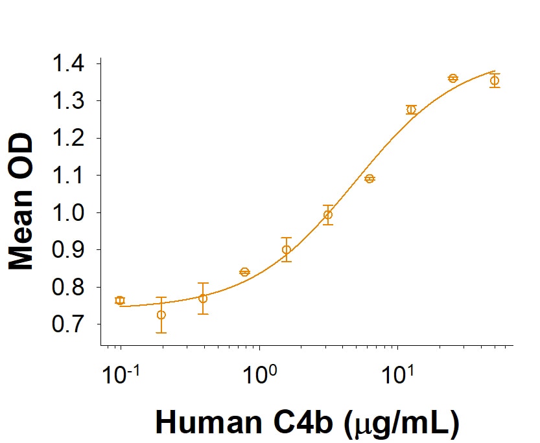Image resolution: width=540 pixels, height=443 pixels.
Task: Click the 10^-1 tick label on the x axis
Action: coord(120,374)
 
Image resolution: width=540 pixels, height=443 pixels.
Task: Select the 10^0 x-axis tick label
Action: coord(259,374)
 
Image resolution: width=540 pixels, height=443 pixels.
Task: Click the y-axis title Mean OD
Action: coord(22,201)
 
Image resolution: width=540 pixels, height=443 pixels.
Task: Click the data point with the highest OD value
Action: coord(453,78)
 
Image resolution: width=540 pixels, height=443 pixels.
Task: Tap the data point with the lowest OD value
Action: coord(161,315)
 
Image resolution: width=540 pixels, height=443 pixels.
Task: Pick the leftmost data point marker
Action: coord(120,301)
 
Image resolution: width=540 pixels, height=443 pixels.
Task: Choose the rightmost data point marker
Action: coord(495,80)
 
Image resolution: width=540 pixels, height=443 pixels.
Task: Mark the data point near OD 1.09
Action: coord(370,179)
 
